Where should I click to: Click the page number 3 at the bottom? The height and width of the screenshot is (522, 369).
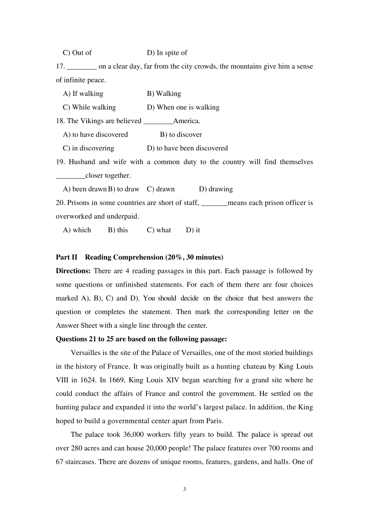tap(184, 489)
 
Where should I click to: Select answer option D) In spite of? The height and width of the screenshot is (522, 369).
tap(167, 53)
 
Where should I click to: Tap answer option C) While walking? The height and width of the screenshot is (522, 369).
tap(89, 107)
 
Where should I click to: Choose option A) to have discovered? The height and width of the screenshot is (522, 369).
tap(96, 134)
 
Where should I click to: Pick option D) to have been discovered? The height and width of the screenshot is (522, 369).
tap(187, 148)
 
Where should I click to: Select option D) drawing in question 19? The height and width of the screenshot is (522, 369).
tap(216, 189)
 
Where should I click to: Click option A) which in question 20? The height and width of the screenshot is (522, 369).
tap(77, 230)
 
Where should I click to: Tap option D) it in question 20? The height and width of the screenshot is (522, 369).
tap(193, 230)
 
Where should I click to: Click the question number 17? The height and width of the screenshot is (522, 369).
tap(60, 66)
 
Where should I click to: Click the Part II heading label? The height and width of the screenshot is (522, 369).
tap(67, 257)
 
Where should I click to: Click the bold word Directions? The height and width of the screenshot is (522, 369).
tap(73, 271)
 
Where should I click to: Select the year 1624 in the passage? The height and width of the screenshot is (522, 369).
tap(88, 380)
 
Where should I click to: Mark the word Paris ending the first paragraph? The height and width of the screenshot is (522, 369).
tap(214, 421)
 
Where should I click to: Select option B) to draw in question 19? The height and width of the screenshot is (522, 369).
tap(124, 189)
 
